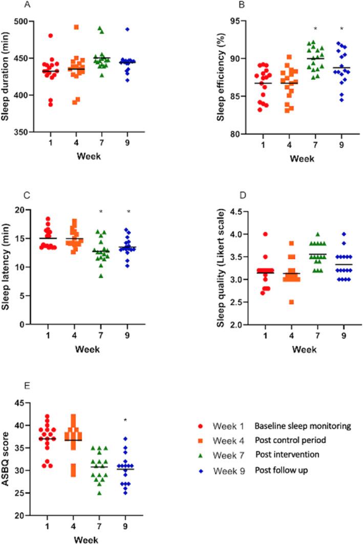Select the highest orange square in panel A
click(x=76, y=27)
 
